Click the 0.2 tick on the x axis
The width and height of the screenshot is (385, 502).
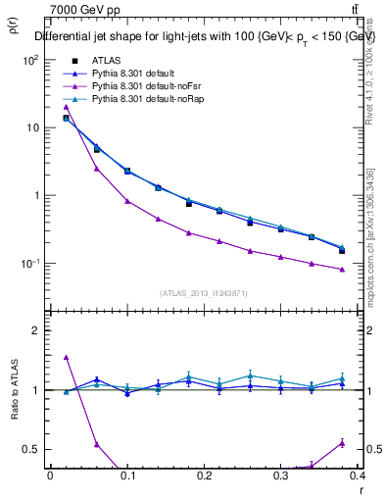(204, 477)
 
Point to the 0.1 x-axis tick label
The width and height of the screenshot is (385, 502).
(127, 477)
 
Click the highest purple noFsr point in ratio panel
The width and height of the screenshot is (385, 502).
(66, 358)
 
